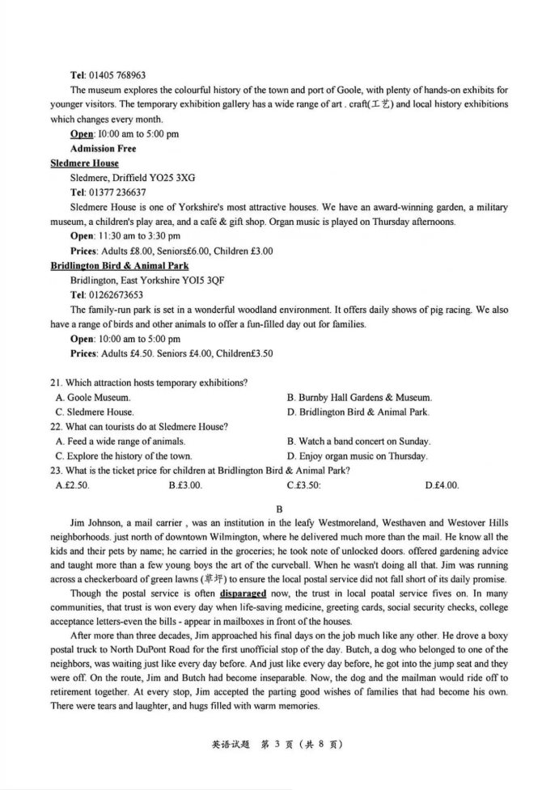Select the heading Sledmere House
84,163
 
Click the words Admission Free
103,149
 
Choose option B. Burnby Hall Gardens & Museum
359,397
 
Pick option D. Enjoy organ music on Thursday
357,456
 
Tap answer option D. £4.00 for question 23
442,485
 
